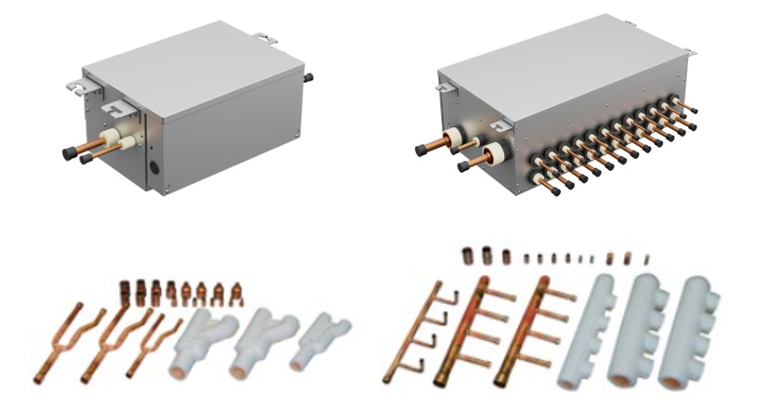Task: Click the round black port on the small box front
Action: tap(155, 170)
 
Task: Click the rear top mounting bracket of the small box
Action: tap(266, 40)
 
